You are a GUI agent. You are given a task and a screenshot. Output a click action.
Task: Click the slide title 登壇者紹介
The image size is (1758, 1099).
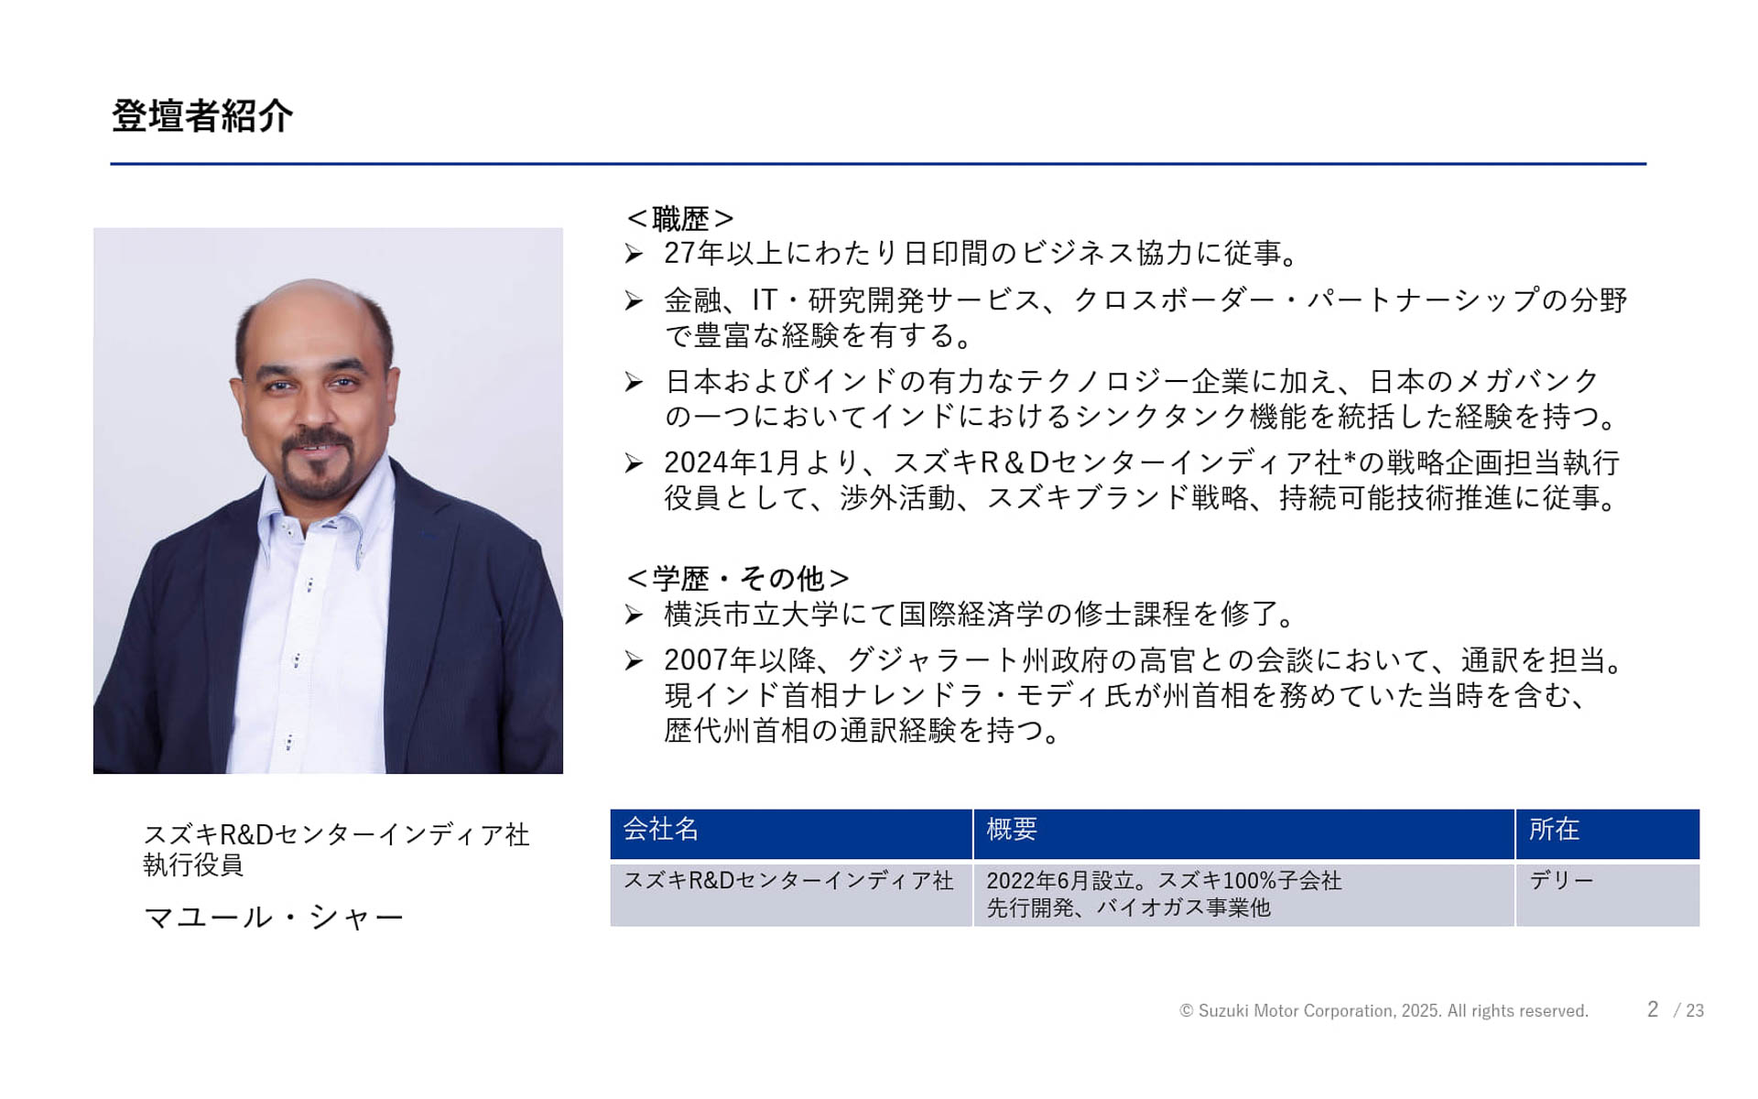[x=202, y=116]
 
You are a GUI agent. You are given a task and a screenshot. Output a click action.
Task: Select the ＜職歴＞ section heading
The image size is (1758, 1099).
[x=680, y=219]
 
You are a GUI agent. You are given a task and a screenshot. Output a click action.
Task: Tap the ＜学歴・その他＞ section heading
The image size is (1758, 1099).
[x=738, y=579]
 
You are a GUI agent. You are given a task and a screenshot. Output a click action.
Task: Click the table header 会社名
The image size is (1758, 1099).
[x=661, y=830]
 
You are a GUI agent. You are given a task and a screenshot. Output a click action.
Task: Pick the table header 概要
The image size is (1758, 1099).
[x=1012, y=830]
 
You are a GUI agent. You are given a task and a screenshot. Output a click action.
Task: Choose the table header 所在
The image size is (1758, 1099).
[x=1554, y=830]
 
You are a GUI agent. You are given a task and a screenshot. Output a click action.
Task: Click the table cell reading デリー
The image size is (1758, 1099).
[x=1561, y=881]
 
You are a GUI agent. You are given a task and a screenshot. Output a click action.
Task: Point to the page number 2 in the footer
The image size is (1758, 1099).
[x=1653, y=1009]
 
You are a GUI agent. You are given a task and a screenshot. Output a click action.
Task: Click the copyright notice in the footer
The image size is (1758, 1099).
[x=1384, y=1011]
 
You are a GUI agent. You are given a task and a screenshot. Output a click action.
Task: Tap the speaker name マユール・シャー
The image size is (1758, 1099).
[x=273, y=917]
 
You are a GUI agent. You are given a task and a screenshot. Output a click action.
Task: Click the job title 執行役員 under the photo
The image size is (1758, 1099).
[x=193, y=865]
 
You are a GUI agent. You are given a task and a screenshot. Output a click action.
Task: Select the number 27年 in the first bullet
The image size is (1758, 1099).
[x=694, y=254]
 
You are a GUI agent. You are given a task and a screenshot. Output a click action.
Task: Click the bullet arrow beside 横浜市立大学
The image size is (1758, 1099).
[x=634, y=615]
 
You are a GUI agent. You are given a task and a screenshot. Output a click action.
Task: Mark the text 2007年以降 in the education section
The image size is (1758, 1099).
[x=740, y=660]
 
